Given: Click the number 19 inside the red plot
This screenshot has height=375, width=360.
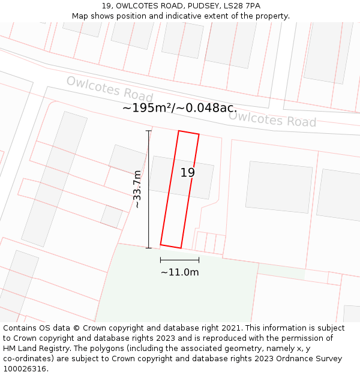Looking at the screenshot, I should coord(188,173).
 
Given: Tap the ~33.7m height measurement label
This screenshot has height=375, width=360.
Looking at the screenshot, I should coord(137,190).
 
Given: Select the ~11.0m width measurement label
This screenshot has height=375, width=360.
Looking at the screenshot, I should coord(179,272).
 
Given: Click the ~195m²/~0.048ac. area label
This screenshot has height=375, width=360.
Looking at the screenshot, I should coord(180,108).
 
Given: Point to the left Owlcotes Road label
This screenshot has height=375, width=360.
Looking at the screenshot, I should coord(110,89).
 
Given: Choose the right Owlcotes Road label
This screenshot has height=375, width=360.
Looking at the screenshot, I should coord(272,119).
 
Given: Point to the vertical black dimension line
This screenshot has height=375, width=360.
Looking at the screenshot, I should coord(148,190).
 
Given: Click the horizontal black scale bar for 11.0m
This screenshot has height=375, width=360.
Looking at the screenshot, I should coord(179,260).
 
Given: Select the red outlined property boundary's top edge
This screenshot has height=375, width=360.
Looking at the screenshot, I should coord(188,133).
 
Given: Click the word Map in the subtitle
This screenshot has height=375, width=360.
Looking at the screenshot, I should coord(80,16).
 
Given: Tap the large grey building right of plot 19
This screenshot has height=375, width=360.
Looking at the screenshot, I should coord(279,187).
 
